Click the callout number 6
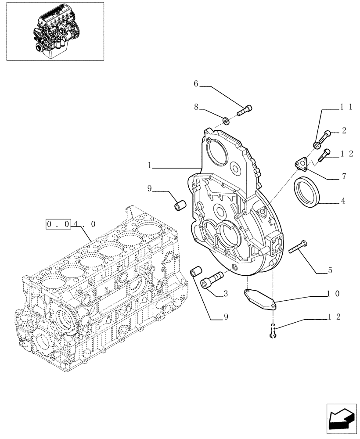click(196, 83)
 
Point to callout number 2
click(344, 130)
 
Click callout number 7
click(344, 176)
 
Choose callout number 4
click(343, 201)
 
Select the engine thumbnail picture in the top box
click(55, 31)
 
